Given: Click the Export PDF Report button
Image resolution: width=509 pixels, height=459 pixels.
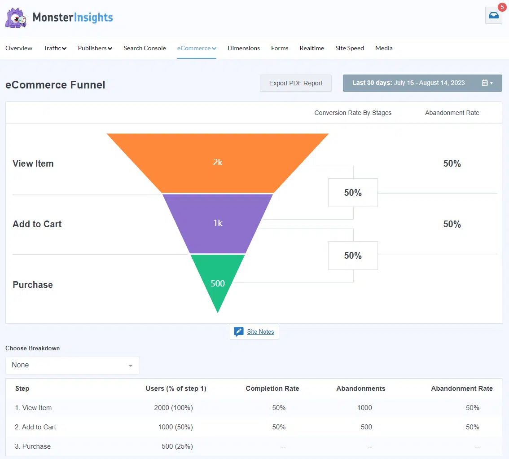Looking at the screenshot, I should point(296,83).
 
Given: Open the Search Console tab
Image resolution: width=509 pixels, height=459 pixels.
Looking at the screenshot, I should point(145,48).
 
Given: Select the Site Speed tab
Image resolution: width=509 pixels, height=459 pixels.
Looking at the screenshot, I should point(349,48).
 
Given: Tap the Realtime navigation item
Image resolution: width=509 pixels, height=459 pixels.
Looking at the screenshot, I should point(312,48).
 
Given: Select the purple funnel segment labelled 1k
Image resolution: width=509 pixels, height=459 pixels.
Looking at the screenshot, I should point(218,223).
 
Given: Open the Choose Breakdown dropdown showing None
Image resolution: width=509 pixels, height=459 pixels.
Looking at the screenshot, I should point(72,365).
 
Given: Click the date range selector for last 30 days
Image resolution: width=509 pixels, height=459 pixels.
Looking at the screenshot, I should point(422,83).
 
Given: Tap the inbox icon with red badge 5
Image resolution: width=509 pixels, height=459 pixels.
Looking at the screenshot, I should point(493,15).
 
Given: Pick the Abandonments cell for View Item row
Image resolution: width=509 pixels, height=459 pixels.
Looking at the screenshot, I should point(364,408).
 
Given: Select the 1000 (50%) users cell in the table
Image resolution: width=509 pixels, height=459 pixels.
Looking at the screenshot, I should point(176,427).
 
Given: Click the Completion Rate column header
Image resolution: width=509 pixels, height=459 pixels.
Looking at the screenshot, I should point(272,388).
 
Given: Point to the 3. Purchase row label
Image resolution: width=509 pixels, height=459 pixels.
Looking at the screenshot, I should point(33,446).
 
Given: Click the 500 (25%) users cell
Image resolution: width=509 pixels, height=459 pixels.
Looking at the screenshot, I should point(177,446).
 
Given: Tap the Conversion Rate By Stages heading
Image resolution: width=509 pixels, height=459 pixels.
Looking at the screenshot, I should point(353,113).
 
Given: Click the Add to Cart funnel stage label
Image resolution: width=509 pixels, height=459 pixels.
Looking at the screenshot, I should point(37,224).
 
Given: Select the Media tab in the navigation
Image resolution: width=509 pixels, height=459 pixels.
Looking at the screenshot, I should point(384,48).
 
